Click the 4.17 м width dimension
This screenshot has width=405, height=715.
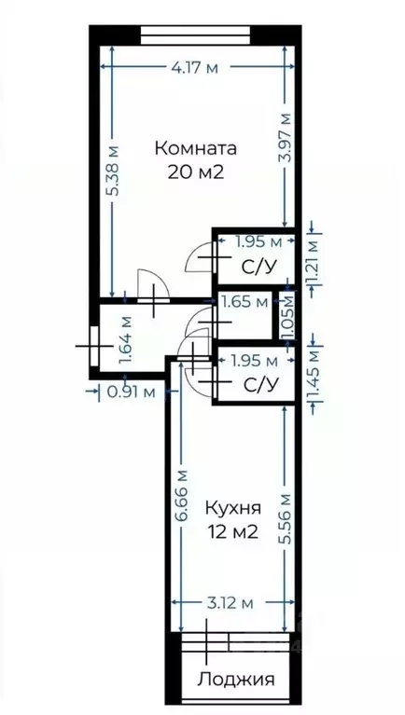coord(195,67)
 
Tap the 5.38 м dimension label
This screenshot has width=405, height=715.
coord(112,170)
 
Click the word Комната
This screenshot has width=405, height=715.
coord(195,148)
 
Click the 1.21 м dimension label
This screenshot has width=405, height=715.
coord(314,264)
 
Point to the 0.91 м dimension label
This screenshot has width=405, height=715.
coord(131,392)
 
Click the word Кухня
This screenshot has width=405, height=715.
coord(230,509)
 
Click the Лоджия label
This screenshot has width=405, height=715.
coord(235,680)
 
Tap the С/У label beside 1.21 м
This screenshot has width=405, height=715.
coord(258,267)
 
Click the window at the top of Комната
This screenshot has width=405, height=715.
coord(195,35)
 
